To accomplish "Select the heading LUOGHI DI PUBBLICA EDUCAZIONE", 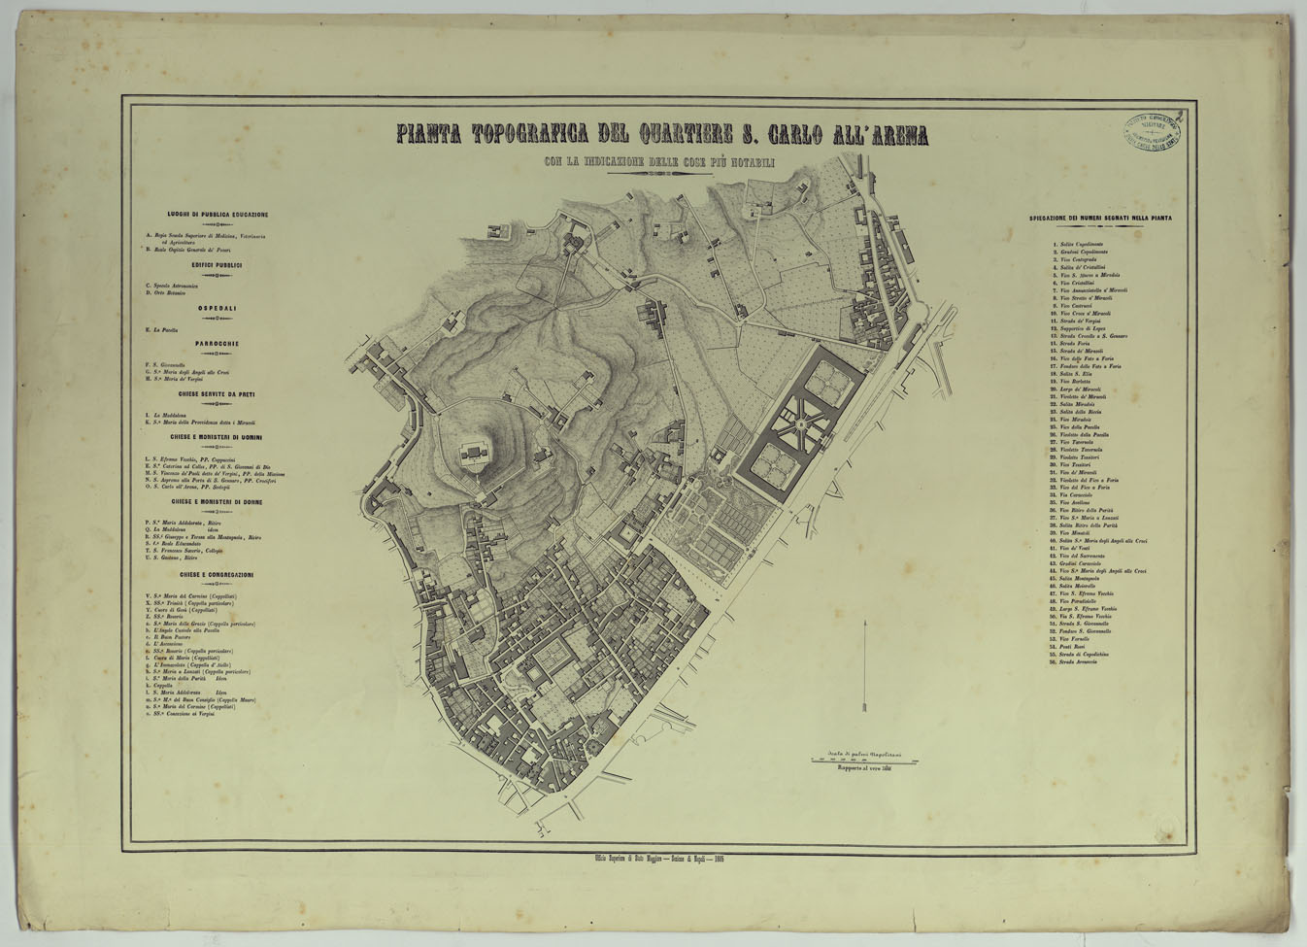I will point(217,215).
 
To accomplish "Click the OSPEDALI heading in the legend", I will point(217,308).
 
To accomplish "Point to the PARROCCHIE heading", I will point(217,344).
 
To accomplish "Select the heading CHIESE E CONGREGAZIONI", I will point(217,575).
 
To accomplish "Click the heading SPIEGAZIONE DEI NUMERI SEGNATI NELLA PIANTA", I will point(1100,219).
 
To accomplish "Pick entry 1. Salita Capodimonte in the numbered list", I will point(1078,245).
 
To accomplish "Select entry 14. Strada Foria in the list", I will point(1074,343).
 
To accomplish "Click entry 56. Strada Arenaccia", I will point(1079,661).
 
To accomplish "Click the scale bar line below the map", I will point(863,761).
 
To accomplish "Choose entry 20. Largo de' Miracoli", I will point(1079,389).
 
